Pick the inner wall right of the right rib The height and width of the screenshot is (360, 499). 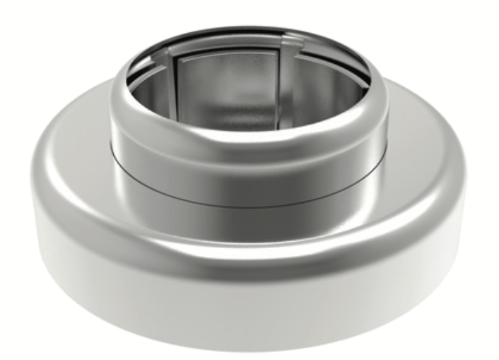coord(323,84)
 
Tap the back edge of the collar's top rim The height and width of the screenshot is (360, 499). coord(246,30)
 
